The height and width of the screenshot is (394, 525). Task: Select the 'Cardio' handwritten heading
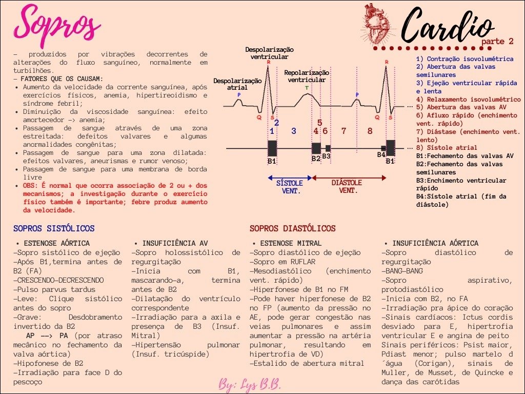(446, 26)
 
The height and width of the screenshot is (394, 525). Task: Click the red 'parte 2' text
(497, 41)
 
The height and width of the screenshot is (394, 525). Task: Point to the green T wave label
(307, 88)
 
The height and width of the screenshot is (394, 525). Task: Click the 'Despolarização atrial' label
(237, 84)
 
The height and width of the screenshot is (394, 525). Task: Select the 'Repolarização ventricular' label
(307, 76)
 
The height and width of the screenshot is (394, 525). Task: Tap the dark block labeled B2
(316, 148)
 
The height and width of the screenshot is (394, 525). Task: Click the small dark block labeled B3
(328, 148)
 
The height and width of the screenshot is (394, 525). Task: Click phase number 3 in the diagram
(294, 131)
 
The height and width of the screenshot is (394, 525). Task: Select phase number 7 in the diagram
(344, 131)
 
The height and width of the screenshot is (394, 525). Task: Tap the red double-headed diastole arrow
(349, 178)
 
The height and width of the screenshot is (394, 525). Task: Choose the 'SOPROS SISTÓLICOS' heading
(54, 228)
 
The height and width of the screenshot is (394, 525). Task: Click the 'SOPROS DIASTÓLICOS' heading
(292, 228)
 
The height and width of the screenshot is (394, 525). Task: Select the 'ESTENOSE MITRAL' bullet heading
(290, 243)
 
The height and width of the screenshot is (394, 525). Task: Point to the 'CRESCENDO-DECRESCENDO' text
(58, 280)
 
